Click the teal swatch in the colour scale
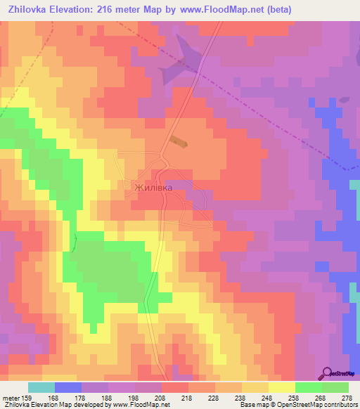click(x=41, y=387)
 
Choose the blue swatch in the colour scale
click(x=68, y=387)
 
